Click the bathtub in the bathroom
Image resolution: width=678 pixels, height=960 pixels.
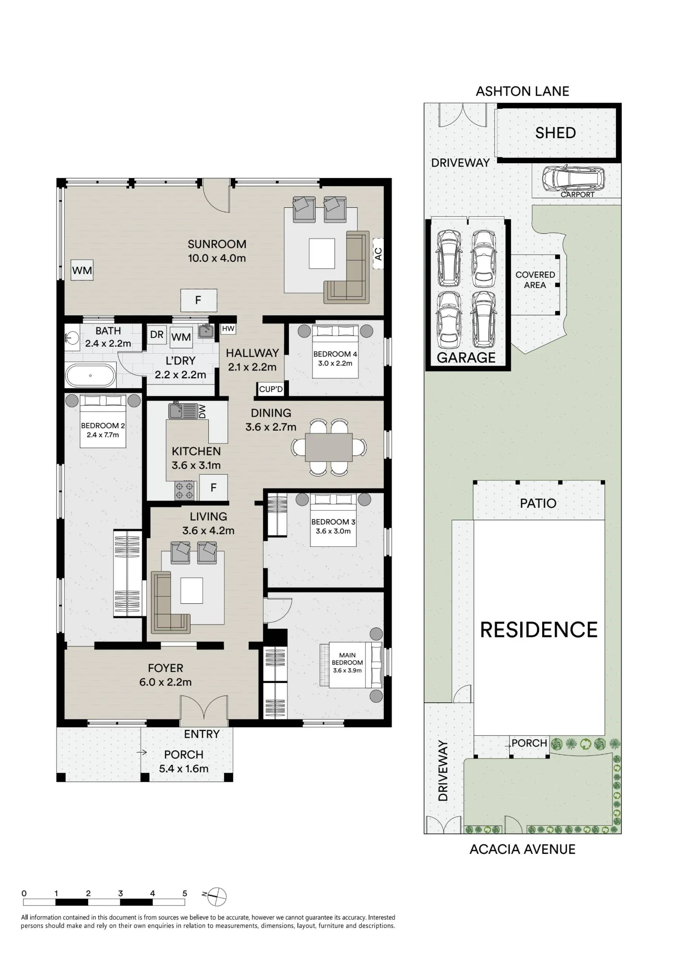[x=91, y=375]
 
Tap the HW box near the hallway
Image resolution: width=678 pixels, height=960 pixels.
[x=228, y=329]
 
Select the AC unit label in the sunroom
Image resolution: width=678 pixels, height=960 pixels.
[x=378, y=254]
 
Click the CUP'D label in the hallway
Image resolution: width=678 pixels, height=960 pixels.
[x=271, y=389]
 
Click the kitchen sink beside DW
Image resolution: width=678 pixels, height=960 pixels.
[x=183, y=411]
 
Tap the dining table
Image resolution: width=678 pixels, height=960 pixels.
[x=329, y=447]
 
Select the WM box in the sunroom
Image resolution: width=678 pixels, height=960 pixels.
[x=82, y=270]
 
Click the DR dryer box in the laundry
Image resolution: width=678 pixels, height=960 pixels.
[x=157, y=335]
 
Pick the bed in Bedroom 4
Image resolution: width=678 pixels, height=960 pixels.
[x=335, y=351]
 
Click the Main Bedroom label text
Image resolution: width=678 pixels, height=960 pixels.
[x=347, y=662]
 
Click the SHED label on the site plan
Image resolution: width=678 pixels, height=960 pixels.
[x=556, y=133]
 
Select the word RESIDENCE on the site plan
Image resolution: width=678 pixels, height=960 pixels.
[x=539, y=630]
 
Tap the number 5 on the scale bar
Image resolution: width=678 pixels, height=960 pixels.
[x=185, y=893]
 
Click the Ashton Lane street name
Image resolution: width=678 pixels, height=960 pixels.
[x=523, y=91]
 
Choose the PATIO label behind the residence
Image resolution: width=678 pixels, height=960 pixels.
[x=538, y=503]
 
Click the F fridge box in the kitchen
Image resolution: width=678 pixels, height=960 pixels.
[x=214, y=487]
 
